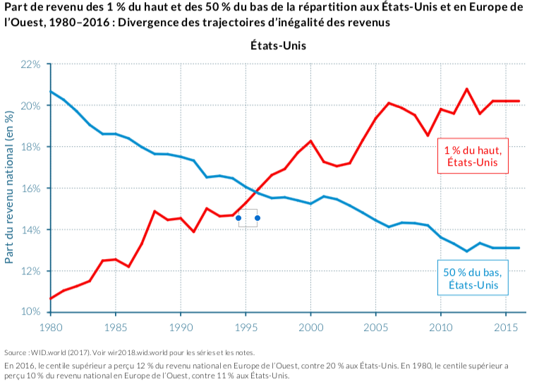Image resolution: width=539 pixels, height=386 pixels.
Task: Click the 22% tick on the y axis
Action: click(x=31, y=64)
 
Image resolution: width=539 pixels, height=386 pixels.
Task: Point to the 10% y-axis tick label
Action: click(x=31, y=312)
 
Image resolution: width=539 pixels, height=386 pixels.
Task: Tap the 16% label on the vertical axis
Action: click(x=31, y=188)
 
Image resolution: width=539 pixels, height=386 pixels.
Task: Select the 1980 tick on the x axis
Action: click(x=50, y=327)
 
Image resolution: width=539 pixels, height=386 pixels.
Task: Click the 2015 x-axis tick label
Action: click(x=505, y=327)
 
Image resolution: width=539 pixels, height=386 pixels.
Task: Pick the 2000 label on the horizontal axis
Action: click(x=310, y=327)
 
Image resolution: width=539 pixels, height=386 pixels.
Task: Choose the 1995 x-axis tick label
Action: click(x=246, y=327)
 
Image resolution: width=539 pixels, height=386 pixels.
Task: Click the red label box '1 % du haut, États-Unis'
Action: click(x=473, y=157)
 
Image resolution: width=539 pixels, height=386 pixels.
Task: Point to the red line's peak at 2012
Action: click(x=467, y=89)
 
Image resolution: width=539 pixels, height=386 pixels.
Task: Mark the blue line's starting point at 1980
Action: click(x=51, y=92)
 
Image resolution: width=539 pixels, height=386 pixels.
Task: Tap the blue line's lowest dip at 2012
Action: click(x=467, y=251)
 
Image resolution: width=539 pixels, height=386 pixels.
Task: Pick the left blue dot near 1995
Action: click(x=238, y=218)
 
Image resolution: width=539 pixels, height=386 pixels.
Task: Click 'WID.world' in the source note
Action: click(x=44, y=353)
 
